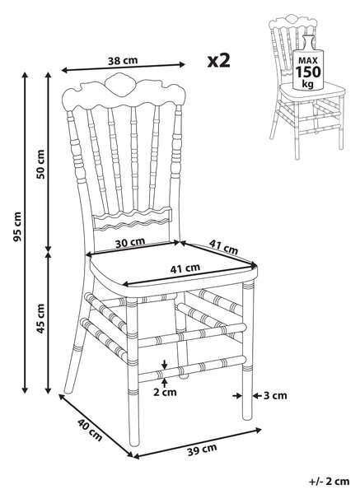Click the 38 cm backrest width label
[x=123, y=60]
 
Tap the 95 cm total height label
[x=17, y=227]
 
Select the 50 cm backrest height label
[x=41, y=164]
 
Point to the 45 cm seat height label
[x=41, y=319]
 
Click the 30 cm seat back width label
[x=130, y=243]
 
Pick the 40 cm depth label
[x=90, y=430]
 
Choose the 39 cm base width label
[x=202, y=450]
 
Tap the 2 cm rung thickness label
[x=165, y=392]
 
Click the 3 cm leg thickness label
[x=275, y=395]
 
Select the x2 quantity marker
[x=219, y=60]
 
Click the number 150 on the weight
[x=308, y=72]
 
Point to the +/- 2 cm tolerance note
[x=330, y=482]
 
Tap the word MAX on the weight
[x=308, y=60]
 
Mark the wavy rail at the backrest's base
[x=133, y=218]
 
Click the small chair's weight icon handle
[x=309, y=42]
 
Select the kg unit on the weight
[x=308, y=85]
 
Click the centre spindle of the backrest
[x=134, y=158]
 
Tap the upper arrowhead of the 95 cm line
[x=25, y=75]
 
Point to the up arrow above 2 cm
[x=164, y=382]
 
